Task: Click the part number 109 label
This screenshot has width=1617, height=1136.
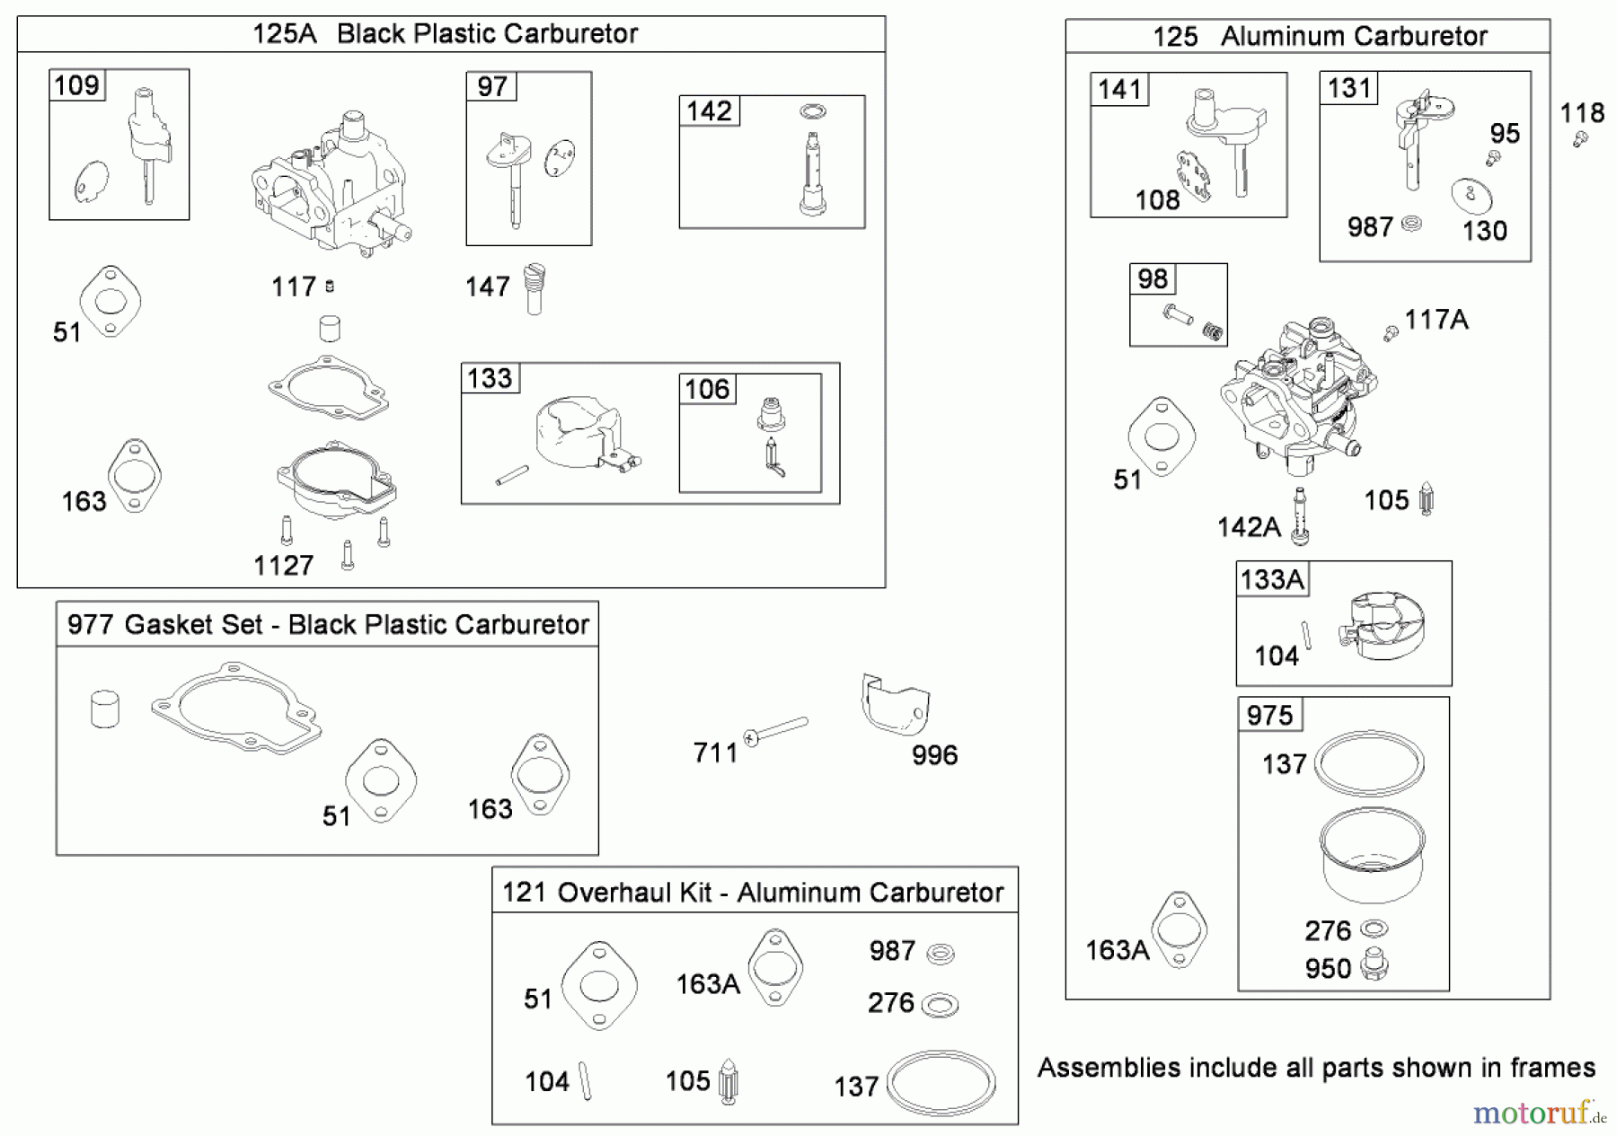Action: [76, 85]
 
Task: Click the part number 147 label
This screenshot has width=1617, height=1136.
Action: [488, 286]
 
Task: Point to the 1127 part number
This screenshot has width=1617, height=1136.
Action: [283, 565]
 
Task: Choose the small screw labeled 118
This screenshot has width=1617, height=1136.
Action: [1581, 139]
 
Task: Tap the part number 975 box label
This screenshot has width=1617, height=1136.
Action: [1269, 715]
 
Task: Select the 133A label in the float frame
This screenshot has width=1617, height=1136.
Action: [1271, 579]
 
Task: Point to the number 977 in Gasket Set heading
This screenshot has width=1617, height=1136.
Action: [90, 624]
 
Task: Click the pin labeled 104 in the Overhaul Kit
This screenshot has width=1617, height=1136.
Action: [587, 1080]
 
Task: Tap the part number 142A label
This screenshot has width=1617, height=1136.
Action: [1249, 526]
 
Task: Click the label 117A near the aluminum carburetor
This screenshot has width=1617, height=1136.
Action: [1436, 320]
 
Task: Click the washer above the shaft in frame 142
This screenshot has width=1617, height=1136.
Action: [812, 112]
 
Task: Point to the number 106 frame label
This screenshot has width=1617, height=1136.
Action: [707, 389]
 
